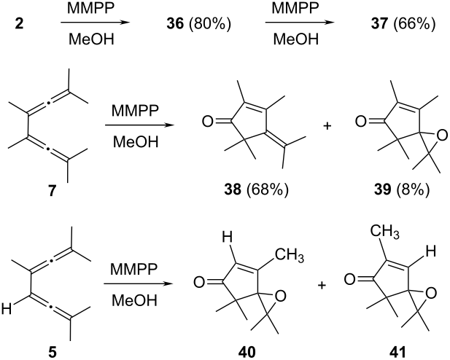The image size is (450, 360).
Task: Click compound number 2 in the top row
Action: (x=19, y=24)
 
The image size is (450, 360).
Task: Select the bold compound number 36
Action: (x=175, y=24)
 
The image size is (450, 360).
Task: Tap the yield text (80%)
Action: (x=209, y=24)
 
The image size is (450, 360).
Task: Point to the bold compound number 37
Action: (x=379, y=24)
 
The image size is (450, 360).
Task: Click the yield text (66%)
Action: (x=414, y=24)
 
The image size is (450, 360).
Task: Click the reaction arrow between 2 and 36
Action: (x=93, y=23)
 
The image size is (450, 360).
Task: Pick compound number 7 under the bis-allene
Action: (x=52, y=190)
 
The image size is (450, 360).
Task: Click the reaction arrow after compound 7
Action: (x=140, y=125)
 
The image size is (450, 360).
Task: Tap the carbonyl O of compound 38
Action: (x=207, y=122)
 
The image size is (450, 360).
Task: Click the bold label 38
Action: (x=233, y=190)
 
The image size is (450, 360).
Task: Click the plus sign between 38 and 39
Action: (x=327, y=126)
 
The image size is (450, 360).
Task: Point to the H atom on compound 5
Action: (x=7, y=309)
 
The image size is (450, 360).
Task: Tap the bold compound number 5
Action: (x=52, y=352)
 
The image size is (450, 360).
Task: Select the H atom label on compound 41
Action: (x=431, y=252)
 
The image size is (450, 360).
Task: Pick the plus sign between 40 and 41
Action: (x=322, y=285)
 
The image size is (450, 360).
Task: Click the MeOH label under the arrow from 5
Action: (x=134, y=301)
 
